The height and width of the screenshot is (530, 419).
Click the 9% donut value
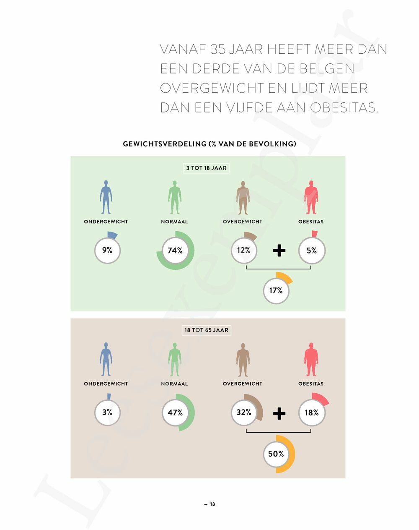[x=107, y=251]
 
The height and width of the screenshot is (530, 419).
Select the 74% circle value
[x=175, y=251]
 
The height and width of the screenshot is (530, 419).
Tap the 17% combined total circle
[x=276, y=290]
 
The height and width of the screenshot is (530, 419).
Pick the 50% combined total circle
[x=276, y=454]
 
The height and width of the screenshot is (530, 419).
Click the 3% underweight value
[x=107, y=413]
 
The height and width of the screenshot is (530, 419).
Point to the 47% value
[x=175, y=413]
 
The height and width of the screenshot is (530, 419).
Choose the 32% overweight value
[x=244, y=413]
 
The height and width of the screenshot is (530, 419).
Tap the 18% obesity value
[x=312, y=413]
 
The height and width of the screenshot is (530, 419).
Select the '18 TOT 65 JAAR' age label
[x=207, y=330]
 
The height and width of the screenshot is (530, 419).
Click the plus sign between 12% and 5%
[x=279, y=251]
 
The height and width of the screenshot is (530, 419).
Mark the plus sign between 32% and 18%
[x=279, y=413]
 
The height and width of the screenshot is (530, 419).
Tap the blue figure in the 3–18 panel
[x=106, y=197]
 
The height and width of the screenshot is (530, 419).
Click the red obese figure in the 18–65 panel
[x=311, y=360]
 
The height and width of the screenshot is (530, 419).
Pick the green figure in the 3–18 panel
[x=174, y=197]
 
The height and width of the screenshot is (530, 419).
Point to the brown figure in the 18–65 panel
[x=243, y=360]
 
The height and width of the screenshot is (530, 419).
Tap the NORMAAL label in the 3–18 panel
[x=174, y=222]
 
